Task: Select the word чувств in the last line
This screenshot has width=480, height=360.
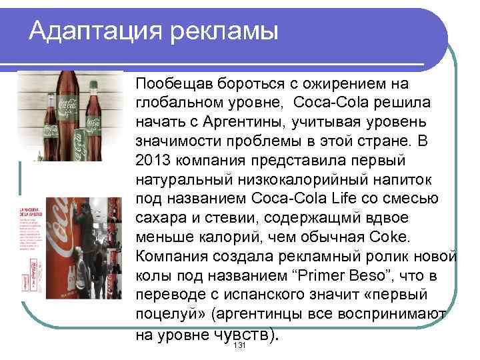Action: coord(240,335)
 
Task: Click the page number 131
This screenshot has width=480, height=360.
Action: coord(239,349)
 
